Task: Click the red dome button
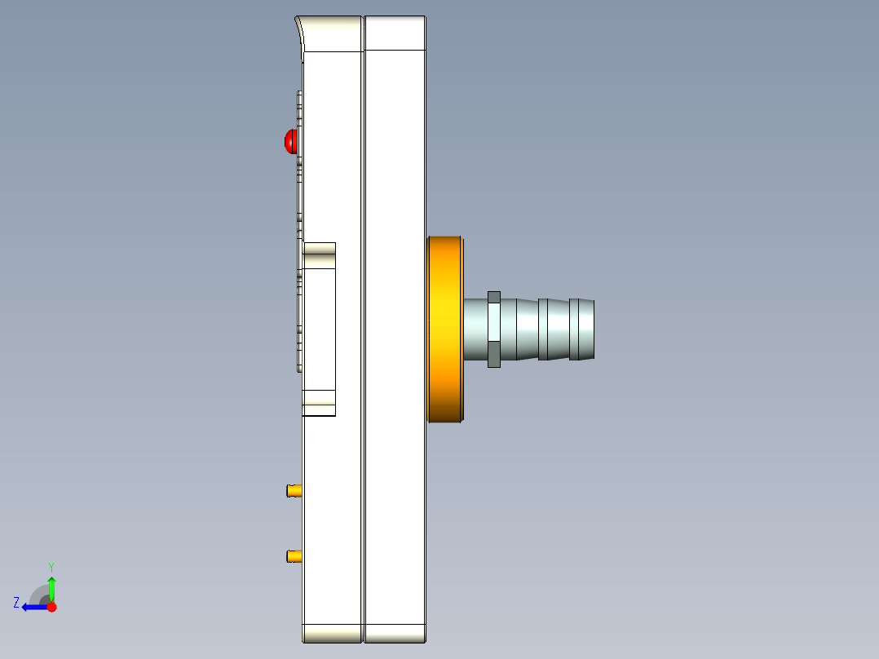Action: [x=290, y=142]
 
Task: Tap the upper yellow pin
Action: [x=294, y=490]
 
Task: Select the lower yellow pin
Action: [x=294, y=556]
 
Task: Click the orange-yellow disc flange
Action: [x=445, y=329]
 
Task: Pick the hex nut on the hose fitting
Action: [x=493, y=329]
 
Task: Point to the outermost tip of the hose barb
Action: [x=592, y=329]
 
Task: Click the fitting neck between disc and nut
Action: [x=475, y=329]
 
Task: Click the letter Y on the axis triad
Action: [x=51, y=566]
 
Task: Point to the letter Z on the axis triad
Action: [x=16, y=602]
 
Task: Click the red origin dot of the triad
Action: [x=51, y=607]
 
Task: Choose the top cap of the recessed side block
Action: [x=319, y=254]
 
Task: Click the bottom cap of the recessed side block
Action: [x=319, y=403]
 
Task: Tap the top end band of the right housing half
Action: [x=395, y=33]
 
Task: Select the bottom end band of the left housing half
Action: [x=332, y=633]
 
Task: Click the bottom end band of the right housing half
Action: [x=395, y=633]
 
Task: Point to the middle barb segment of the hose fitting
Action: [x=554, y=329]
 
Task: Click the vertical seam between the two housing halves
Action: [x=364, y=326]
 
